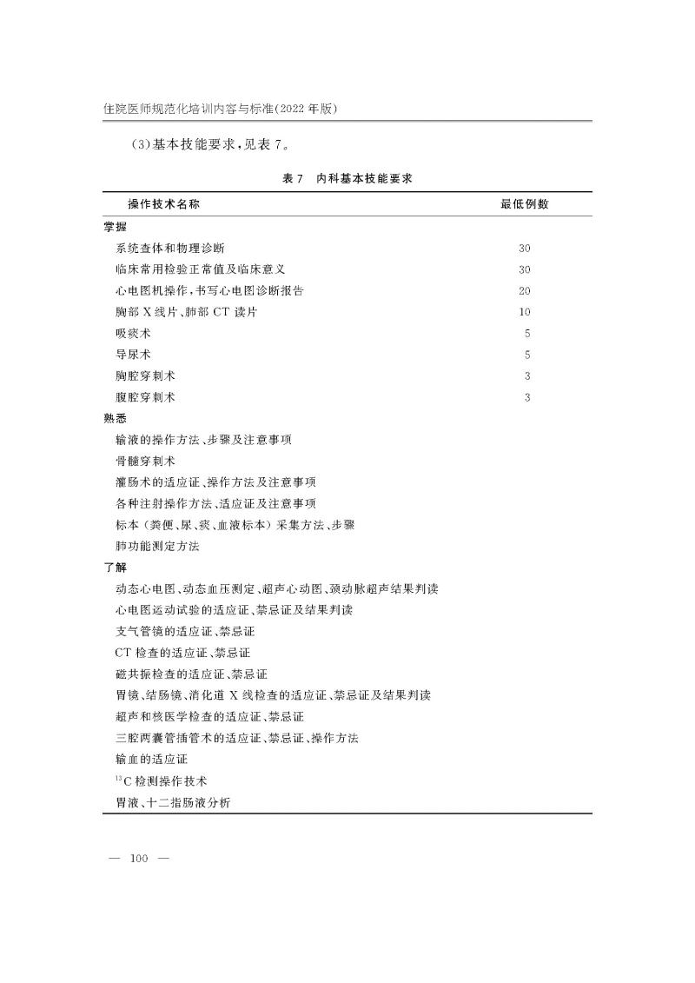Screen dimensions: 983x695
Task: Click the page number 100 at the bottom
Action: coord(139,859)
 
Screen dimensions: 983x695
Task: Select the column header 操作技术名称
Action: coord(169,204)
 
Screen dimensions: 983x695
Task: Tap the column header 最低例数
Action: coord(524,204)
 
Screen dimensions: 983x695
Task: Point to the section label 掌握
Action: coord(115,227)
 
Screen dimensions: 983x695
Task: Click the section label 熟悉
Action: coord(115,418)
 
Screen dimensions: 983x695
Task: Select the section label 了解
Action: coord(115,568)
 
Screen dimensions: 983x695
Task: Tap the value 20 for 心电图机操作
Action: coord(524,290)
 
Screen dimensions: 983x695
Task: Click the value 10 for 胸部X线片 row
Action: coord(524,312)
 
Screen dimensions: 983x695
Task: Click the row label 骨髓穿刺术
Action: coord(145,461)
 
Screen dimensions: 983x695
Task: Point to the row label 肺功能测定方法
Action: coord(157,546)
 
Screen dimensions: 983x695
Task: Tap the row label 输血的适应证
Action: coord(151,759)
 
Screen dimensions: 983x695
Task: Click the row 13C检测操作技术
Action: coord(161,780)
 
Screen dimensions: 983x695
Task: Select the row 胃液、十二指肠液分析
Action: coord(173,802)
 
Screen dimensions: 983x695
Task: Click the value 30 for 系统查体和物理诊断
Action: coord(524,249)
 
